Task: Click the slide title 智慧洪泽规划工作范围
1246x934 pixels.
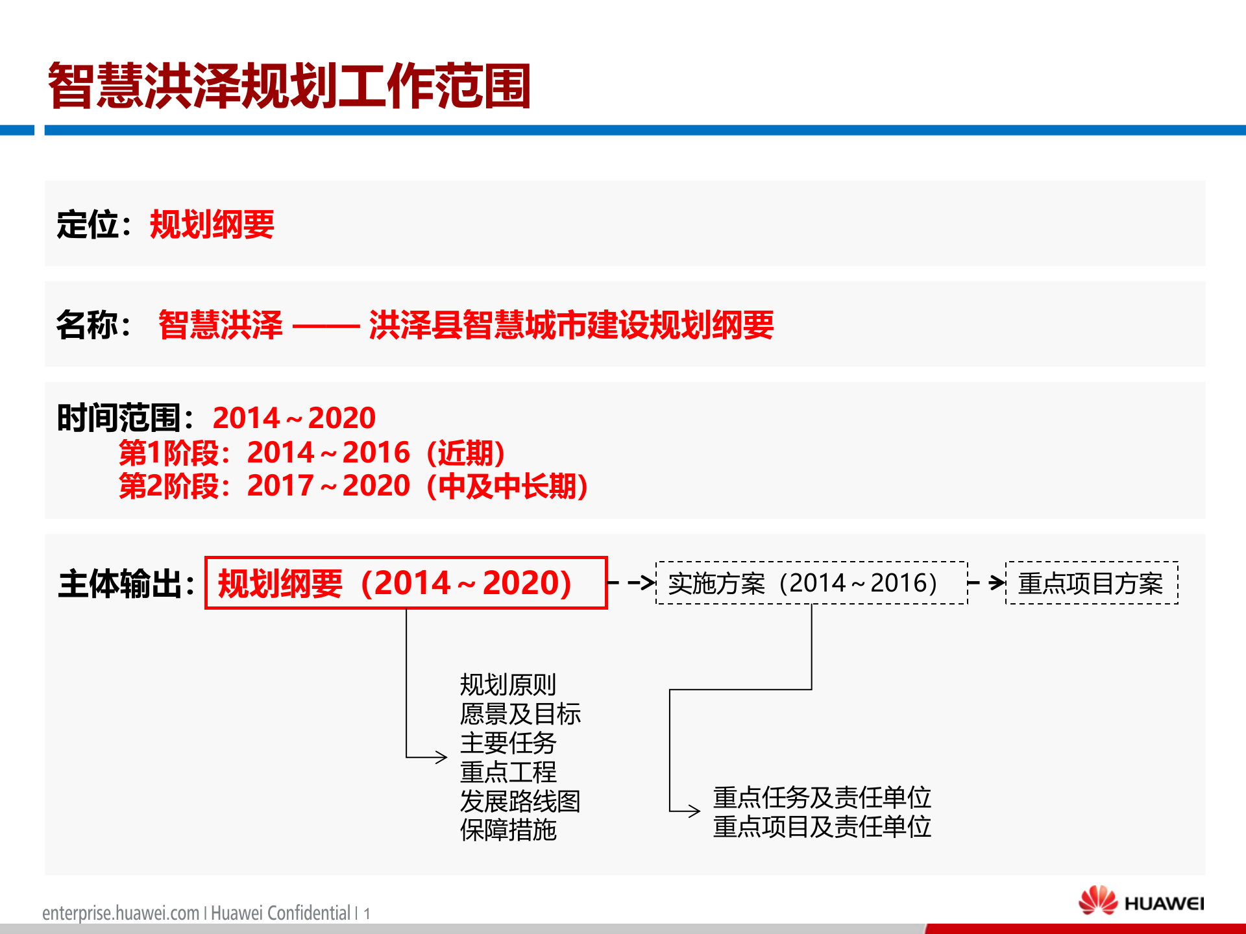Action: click(289, 86)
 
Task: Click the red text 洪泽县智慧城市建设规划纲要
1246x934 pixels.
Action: click(571, 325)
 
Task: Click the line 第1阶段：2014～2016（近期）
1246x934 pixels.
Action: click(311, 453)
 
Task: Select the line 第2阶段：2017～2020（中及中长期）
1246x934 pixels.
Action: click(354, 486)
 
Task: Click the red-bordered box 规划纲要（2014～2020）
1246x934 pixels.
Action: click(406, 582)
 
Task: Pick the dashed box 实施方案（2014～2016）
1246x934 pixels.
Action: click(811, 583)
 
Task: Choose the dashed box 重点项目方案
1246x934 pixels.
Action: click(1092, 583)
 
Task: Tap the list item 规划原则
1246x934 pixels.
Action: click(508, 684)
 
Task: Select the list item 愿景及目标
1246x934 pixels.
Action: click(520, 713)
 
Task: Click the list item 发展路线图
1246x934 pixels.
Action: click(520, 801)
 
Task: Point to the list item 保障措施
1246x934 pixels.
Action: click(508, 830)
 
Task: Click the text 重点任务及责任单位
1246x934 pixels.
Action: click(822, 797)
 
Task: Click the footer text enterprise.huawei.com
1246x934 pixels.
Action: click(121, 913)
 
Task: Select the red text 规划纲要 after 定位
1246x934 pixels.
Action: click(212, 225)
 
